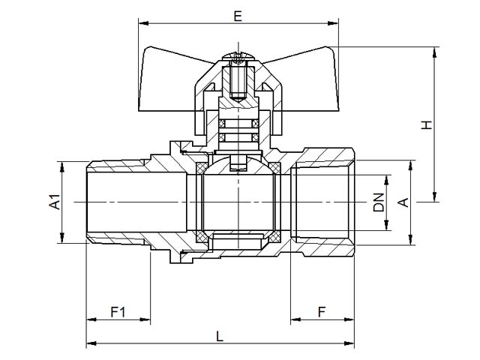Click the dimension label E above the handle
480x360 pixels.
tap(238, 16)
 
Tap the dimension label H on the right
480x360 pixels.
tap(427, 124)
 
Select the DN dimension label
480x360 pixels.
tap(379, 202)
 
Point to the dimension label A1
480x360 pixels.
tap(55, 201)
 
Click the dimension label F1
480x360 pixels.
tap(118, 312)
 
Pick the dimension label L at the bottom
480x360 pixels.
tap(220, 336)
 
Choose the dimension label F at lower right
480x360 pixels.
tap(322, 312)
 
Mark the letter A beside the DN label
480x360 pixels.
tap(403, 202)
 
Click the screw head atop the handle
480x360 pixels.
tap(238, 57)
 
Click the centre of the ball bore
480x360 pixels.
tap(238, 202)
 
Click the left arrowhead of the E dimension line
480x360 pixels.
tap(143, 23)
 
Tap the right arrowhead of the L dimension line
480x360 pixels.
tap(349, 343)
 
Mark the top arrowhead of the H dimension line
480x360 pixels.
tap(434, 52)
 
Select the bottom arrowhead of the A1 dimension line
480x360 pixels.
tap(62, 238)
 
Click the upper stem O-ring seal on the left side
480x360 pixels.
tap(222, 123)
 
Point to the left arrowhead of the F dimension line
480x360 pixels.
tap(295, 319)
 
